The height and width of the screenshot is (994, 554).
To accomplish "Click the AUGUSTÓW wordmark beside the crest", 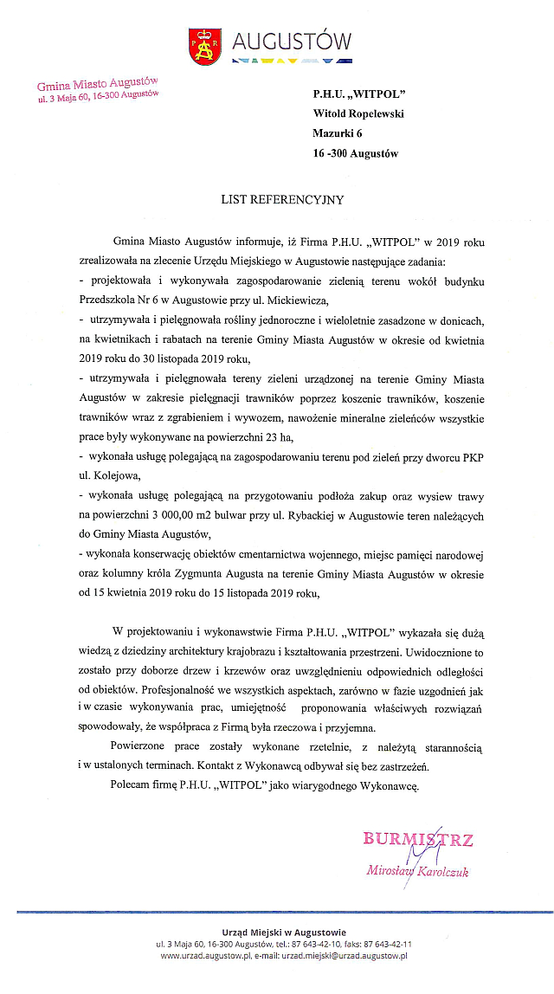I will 292,41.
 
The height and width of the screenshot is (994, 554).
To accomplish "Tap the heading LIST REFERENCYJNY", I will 282,200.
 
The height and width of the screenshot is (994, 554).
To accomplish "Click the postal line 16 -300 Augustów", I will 355,153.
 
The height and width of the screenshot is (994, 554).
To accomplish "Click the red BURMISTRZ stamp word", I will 418,838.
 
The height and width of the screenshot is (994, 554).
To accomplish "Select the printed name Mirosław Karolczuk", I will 417,871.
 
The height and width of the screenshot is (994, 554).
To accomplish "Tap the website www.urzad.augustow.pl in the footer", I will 204,955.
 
